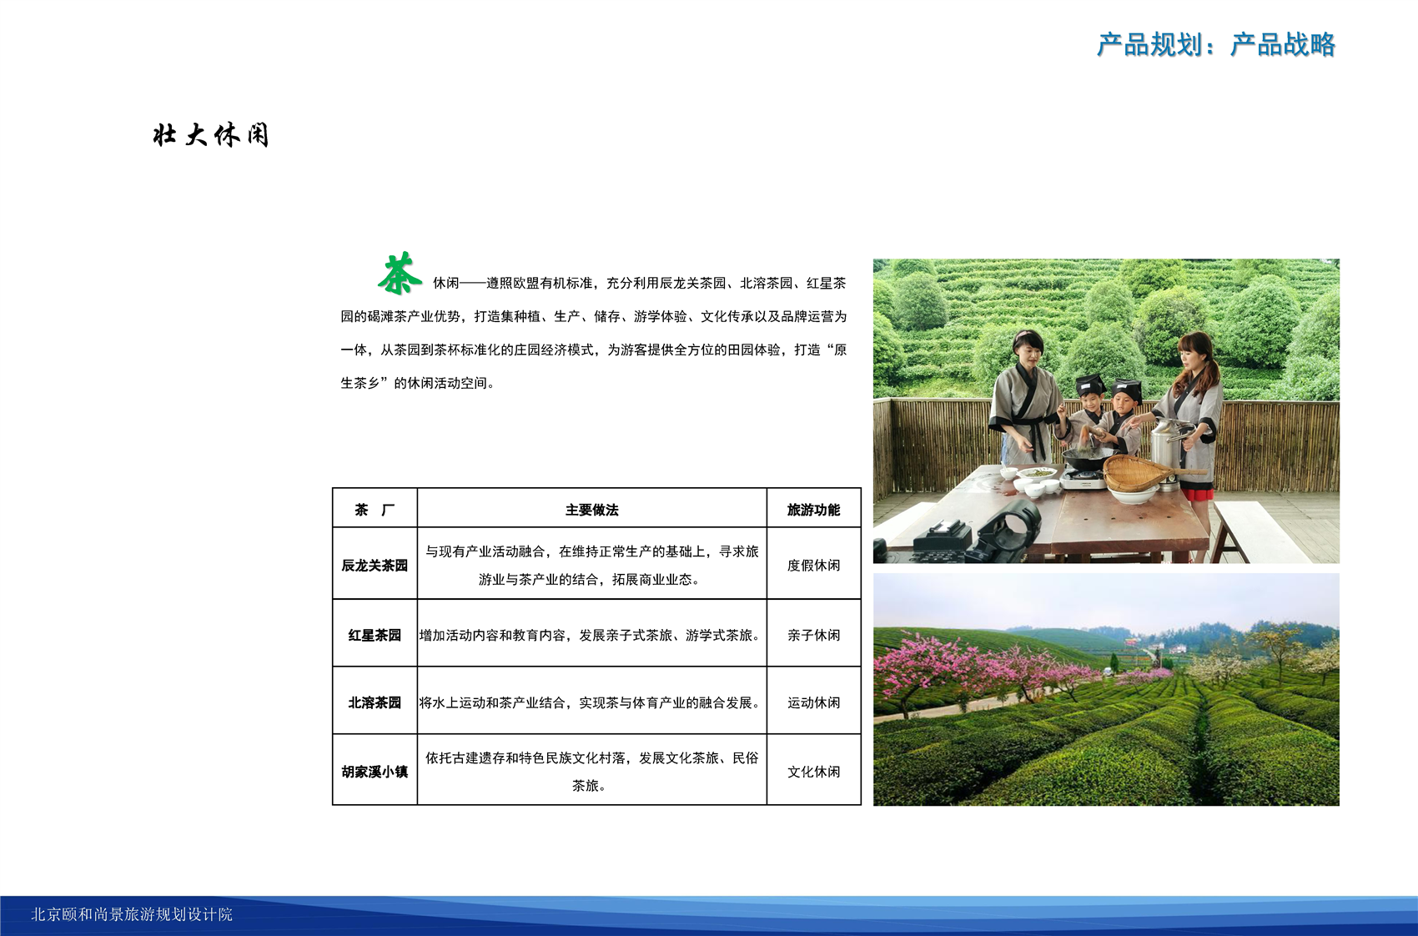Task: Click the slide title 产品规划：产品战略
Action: tap(1216, 45)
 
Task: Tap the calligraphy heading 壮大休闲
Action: tap(211, 135)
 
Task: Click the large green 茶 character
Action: tap(400, 274)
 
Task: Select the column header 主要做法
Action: tap(592, 510)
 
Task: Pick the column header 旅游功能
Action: tap(813, 510)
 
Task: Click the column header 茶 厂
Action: tap(375, 510)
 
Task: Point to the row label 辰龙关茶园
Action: tap(375, 566)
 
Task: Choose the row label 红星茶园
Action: tap(375, 635)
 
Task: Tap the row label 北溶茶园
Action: tap(375, 703)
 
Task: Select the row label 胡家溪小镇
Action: tap(375, 772)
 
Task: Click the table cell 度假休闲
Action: tap(813, 566)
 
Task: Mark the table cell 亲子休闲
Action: tap(813, 635)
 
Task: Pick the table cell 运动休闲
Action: tap(813, 703)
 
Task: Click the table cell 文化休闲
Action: tap(813, 772)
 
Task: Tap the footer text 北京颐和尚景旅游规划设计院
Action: tap(132, 914)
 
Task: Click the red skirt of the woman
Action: tap(1196, 494)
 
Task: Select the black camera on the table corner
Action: tap(975, 532)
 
